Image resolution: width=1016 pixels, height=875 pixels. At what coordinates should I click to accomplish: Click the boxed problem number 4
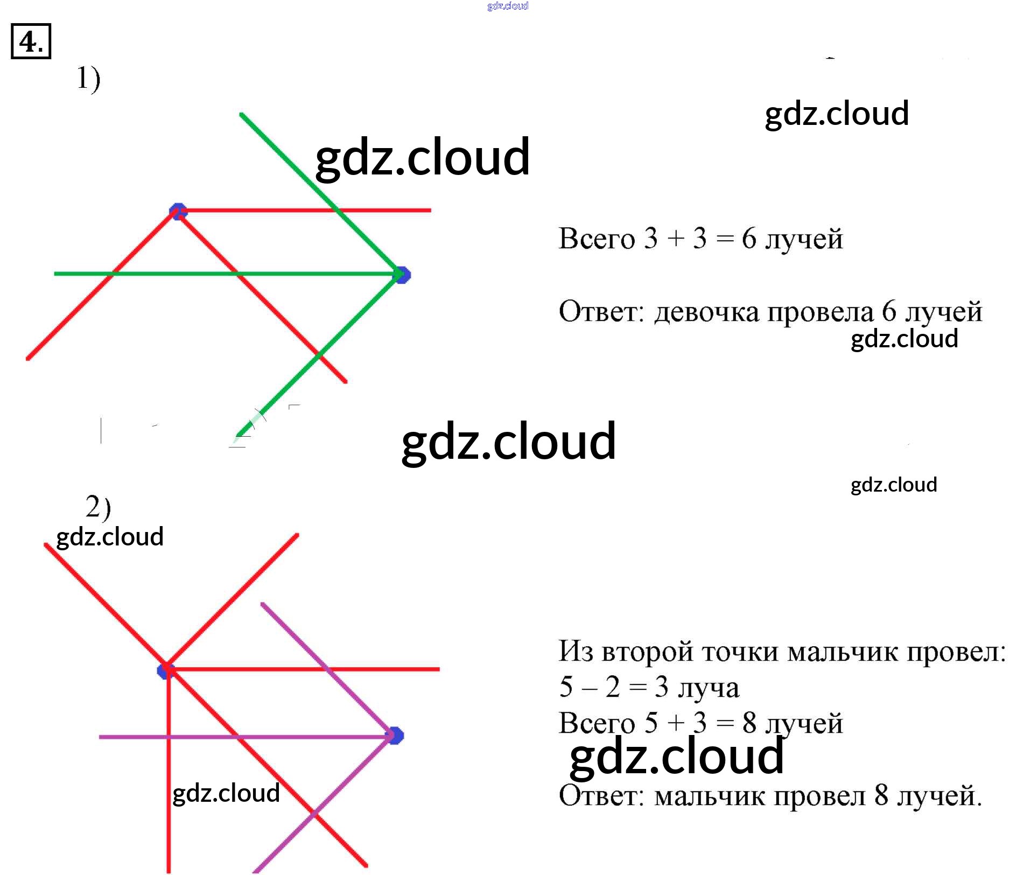point(31,41)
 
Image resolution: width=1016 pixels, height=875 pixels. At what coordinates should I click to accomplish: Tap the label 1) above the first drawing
point(88,79)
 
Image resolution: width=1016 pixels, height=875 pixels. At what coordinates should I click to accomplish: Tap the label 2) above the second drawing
point(98,507)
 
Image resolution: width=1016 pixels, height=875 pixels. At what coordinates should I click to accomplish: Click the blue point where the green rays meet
point(402,275)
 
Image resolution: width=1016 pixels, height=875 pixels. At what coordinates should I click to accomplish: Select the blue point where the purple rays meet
point(395,736)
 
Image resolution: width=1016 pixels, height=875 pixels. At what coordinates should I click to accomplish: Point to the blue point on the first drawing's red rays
point(178,211)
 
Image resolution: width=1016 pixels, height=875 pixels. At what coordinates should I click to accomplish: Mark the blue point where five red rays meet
point(165,671)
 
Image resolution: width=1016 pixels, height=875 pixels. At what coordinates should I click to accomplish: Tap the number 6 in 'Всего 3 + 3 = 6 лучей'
point(748,238)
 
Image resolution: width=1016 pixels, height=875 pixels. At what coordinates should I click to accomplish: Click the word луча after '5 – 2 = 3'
point(708,688)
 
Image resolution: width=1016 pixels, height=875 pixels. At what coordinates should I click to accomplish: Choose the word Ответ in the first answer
point(601,312)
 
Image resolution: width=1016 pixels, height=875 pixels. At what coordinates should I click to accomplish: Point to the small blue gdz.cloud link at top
point(508,6)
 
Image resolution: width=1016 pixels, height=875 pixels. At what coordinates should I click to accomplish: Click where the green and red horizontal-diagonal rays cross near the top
point(337,210)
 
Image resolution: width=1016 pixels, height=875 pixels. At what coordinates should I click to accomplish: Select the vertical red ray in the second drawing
point(169,781)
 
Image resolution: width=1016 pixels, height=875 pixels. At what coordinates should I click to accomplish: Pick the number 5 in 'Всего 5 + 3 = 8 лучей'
point(651,723)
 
